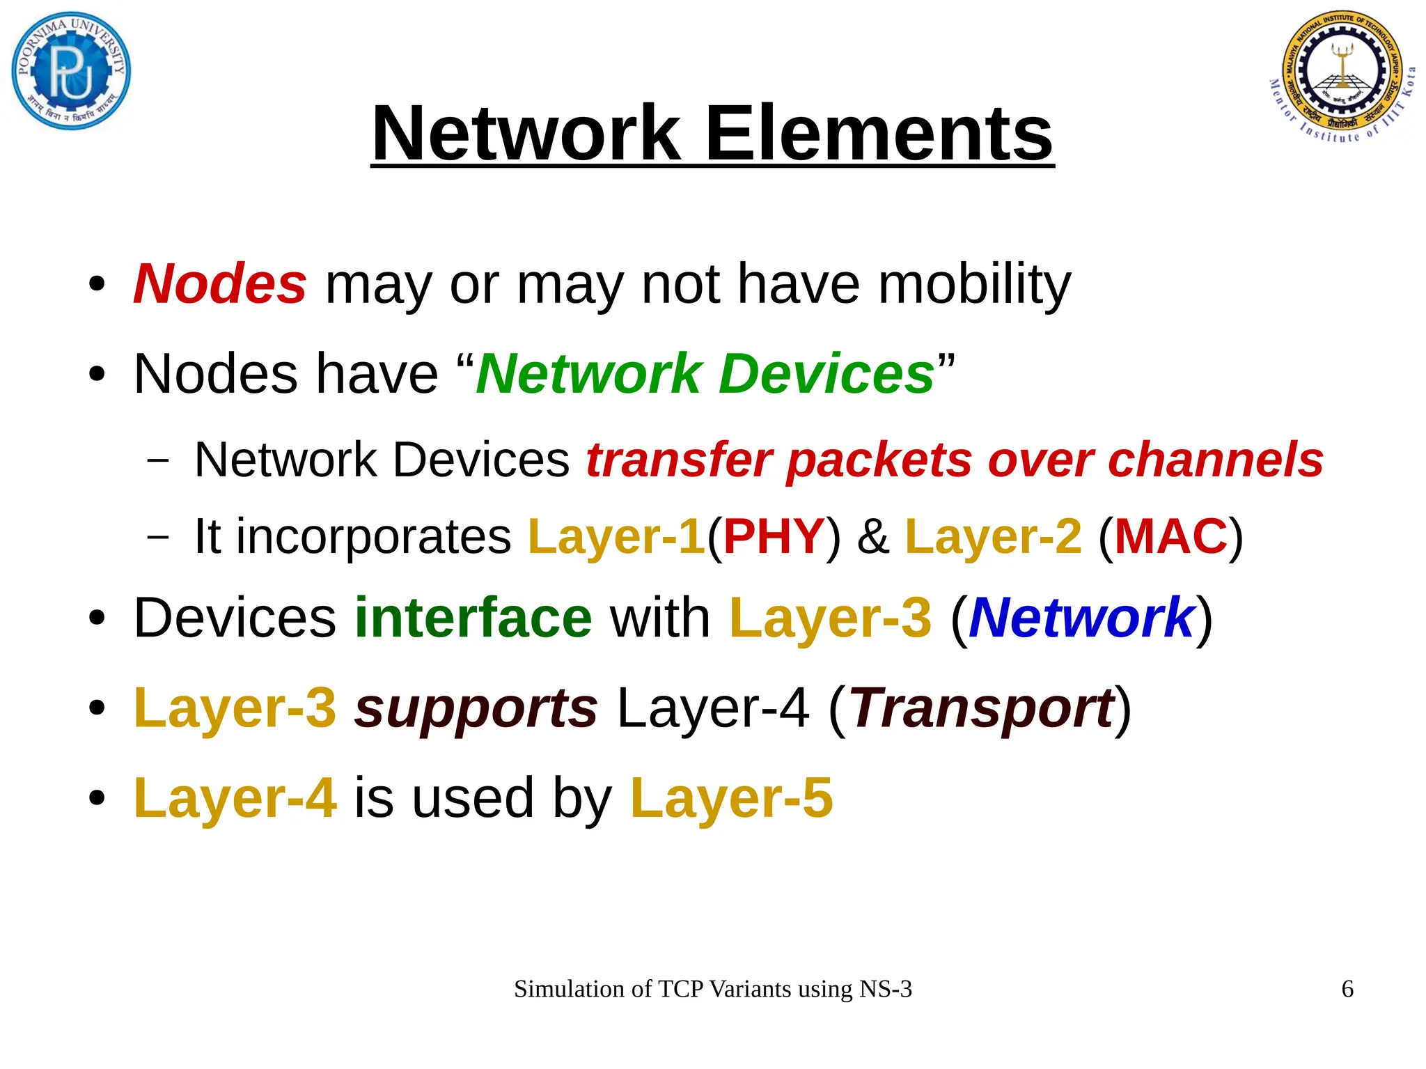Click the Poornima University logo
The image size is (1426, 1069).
pos(71,72)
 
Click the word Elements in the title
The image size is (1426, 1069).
pos(879,134)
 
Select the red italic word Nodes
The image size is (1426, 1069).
pos(219,284)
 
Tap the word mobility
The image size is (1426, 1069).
pos(974,284)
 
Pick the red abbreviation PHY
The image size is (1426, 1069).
pos(774,536)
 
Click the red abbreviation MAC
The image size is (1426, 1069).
pos(1170,536)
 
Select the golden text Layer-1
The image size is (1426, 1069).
pos(617,536)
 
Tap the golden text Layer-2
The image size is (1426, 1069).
pos(993,536)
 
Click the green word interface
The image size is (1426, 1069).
pos(473,618)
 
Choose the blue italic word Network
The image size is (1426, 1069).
pos(1081,618)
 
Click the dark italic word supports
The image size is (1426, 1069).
pos(476,708)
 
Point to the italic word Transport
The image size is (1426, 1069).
pos(981,708)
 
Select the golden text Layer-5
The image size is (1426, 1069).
pos(731,798)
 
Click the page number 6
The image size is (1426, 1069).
pos(1347,989)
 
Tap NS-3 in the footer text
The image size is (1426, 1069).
pos(885,989)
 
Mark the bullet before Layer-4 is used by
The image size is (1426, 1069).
pos(97,799)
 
